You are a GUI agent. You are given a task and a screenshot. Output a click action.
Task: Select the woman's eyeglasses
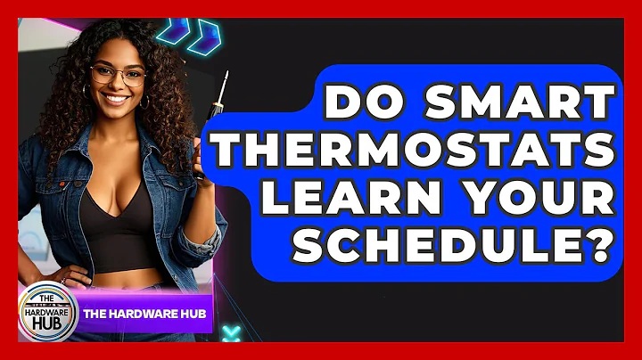coord(119,75)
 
